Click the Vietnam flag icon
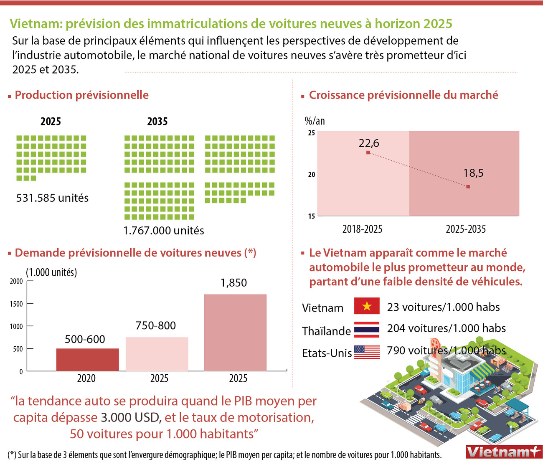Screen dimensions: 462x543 pyautogui.click(x=367, y=306)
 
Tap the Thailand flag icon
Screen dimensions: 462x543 pyautogui.click(x=367, y=329)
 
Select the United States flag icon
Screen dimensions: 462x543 pyautogui.click(x=367, y=352)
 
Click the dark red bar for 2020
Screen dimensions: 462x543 pyautogui.click(x=87, y=360)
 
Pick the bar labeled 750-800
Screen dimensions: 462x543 pyautogui.click(x=157, y=354)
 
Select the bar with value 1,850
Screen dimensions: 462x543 pyautogui.click(x=235, y=333)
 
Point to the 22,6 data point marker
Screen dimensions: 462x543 pyautogui.click(x=368, y=152)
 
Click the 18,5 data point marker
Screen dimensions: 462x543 pyautogui.click(x=468, y=187)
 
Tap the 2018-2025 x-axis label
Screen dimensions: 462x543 pyautogui.click(x=362, y=229)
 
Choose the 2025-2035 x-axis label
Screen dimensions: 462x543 pyautogui.click(x=466, y=229)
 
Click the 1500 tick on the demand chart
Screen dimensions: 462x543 pyautogui.click(x=16, y=304)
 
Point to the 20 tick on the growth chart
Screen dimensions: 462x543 pyautogui.click(x=312, y=175)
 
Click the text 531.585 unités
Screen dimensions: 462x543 pyautogui.click(x=52, y=198)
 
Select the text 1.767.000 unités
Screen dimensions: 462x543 pyautogui.click(x=164, y=230)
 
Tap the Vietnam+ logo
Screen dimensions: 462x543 pyautogui.click(x=503, y=452)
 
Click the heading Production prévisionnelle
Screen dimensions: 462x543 pyautogui.click(x=81, y=95)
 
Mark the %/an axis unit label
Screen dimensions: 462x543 pyautogui.click(x=315, y=121)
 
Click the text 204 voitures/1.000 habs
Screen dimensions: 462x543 pyautogui.click(x=446, y=328)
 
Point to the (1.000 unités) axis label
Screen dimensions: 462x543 pyautogui.click(x=51, y=272)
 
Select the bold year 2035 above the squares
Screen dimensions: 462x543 pyautogui.click(x=157, y=122)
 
